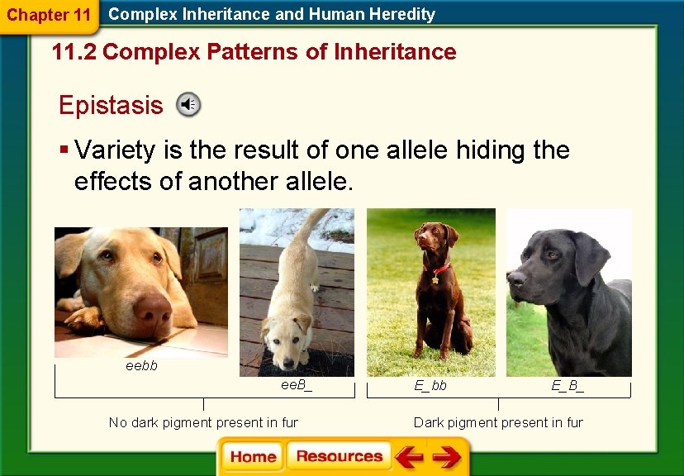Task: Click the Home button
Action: (253, 457)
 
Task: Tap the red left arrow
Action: (409, 457)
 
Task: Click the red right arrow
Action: (447, 457)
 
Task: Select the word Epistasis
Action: (111, 106)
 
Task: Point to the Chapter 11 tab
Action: (48, 15)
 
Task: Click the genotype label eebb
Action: (141, 365)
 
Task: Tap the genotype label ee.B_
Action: (297, 385)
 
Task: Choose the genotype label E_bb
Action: (430, 385)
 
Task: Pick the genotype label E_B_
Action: (568, 385)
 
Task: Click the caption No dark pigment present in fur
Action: (203, 422)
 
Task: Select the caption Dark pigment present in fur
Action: (498, 422)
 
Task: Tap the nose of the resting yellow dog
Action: (152, 308)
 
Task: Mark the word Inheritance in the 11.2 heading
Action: (395, 52)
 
